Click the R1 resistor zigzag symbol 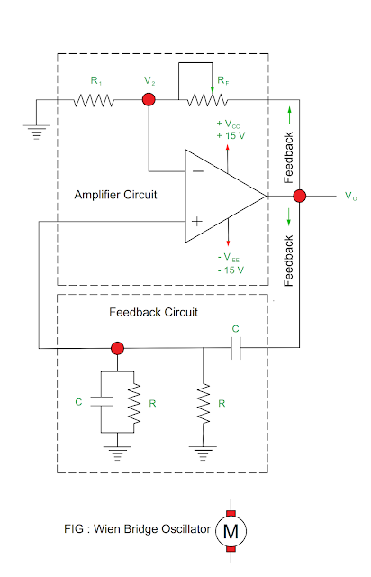point(95,100)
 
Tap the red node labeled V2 point(149,100)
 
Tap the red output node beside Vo point(300,195)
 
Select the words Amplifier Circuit point(116,195)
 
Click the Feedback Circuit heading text point(153,312)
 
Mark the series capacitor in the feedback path point(236,347)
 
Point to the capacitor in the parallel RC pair point(102,402)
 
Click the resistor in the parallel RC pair point(133,402)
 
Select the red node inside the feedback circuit point(117,347)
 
